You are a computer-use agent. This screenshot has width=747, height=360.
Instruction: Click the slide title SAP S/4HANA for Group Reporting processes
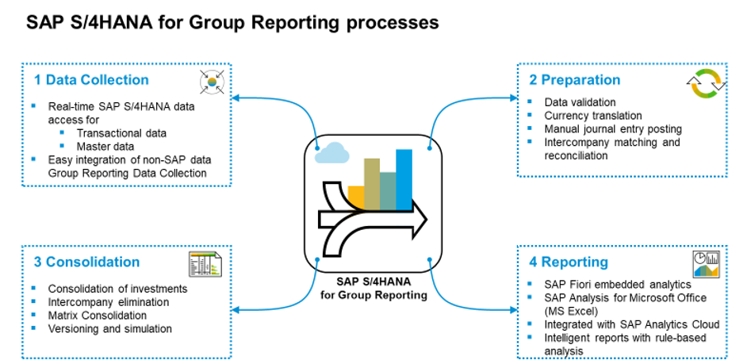(x=232, y=22)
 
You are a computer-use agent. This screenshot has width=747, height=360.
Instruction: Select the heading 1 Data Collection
(x=90, y=80)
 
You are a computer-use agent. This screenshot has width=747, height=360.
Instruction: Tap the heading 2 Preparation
(x=574, y=80)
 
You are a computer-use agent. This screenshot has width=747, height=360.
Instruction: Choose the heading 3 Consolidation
(x=86, y=262)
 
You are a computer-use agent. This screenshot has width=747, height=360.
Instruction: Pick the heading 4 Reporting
(x=568, y=262)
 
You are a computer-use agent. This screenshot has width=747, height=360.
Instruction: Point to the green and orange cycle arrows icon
(x=703, y=84)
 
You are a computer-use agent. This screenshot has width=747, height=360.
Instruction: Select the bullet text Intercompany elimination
(x=109, y=302)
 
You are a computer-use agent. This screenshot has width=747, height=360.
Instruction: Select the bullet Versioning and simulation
(x=109, y=328)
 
